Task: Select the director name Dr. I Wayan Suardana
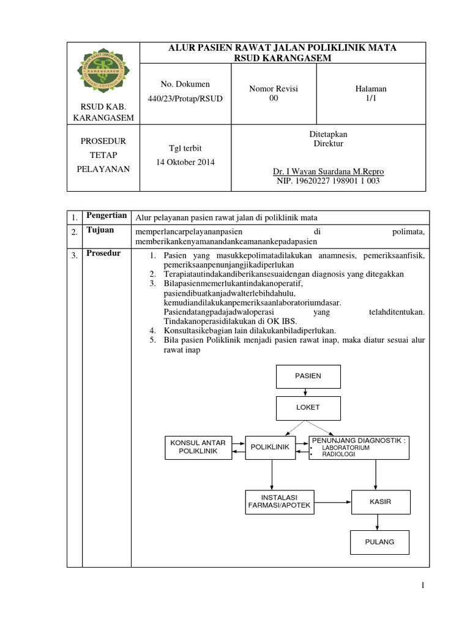pos(329,171)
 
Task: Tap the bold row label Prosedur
pos(103,253)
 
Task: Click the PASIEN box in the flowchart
pos(308,375)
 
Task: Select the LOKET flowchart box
pos(308,407)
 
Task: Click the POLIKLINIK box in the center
pos(270,447)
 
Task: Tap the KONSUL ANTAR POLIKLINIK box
pos(198,447)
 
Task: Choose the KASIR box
pos(379,501)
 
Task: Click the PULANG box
pos(379,542)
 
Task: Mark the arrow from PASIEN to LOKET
pos(308,392)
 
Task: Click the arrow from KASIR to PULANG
pos(379,522)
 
